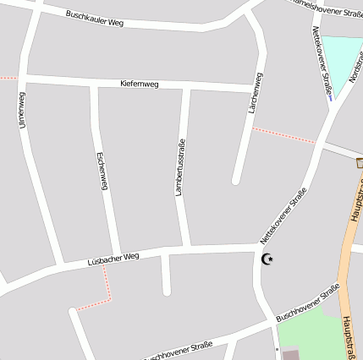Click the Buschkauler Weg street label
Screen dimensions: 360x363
pos(95,19)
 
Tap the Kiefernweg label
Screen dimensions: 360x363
pos(140,84)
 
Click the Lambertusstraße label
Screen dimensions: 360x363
pos(179,167)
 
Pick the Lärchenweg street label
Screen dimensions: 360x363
pos(253,94)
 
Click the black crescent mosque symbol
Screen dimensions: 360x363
pos(267,259)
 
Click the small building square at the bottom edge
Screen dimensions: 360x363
pos(290,355)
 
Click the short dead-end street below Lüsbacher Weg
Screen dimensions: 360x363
pos(166,275)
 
